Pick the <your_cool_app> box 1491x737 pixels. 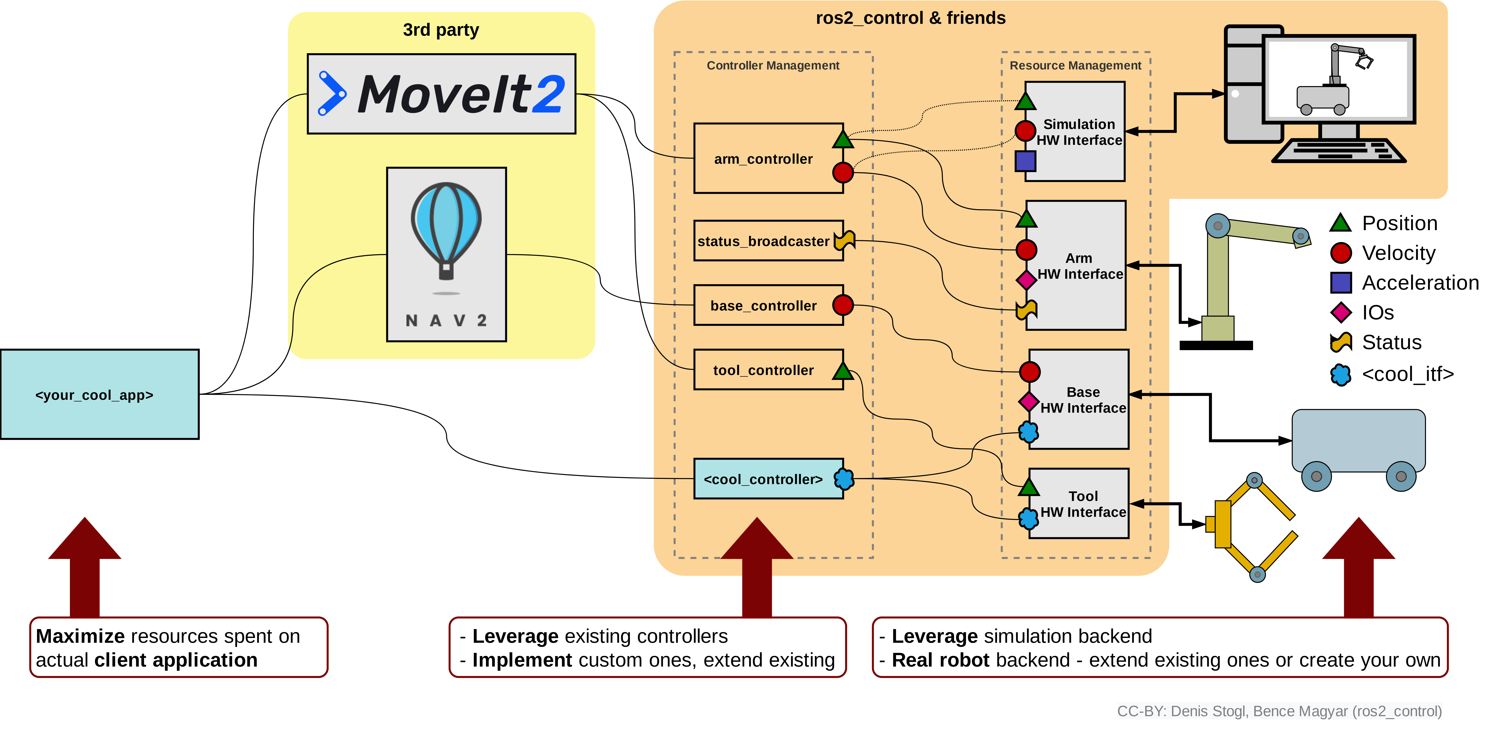[100, 394]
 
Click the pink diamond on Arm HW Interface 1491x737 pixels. [1026, 280]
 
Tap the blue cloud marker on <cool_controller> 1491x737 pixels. [844, 479]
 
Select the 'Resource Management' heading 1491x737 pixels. [1075, 65]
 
